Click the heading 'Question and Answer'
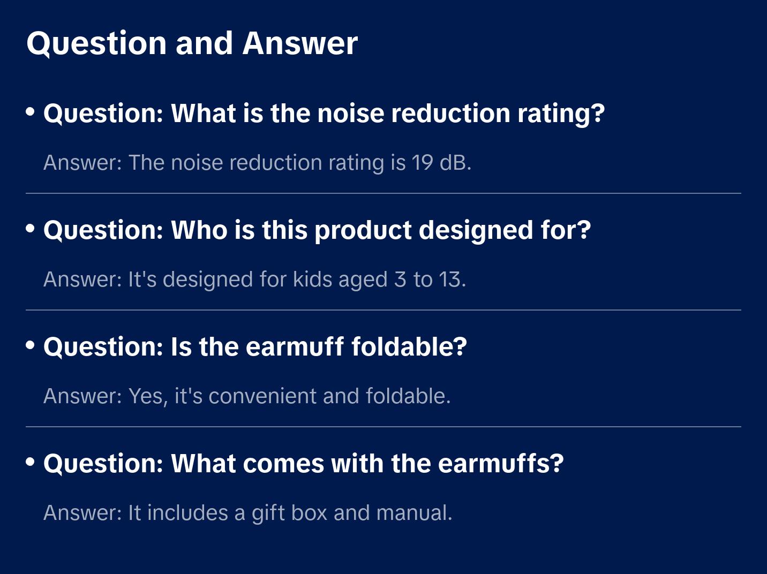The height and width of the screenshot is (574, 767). [x=192, y=43]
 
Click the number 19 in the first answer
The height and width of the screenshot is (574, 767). [x=422, y=163]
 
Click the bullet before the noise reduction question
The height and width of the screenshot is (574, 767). [x=31, y=112]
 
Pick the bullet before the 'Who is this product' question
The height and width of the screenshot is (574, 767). [x=31, y=229]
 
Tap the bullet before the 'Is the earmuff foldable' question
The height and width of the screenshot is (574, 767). [x=31, y=345]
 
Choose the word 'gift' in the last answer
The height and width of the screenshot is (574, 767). [x=268, y=513]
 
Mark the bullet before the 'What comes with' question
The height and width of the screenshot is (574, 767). [x=31, y=462]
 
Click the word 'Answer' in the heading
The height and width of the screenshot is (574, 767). [x=300, y=43]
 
